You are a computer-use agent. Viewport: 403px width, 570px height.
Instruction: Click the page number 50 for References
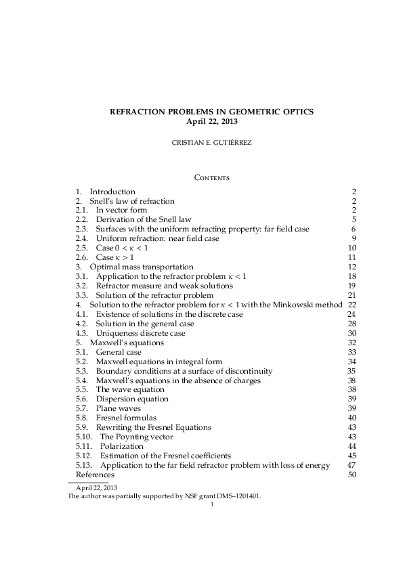tap(351, 475)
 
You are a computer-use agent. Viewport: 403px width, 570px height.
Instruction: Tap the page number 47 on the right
tap(351, 465)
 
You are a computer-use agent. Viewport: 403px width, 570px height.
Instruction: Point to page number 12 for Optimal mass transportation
tap(351, 267)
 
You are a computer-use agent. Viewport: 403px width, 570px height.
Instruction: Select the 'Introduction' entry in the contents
tap(112, 191)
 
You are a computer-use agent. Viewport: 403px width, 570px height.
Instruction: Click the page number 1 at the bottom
tap(212, 504)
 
